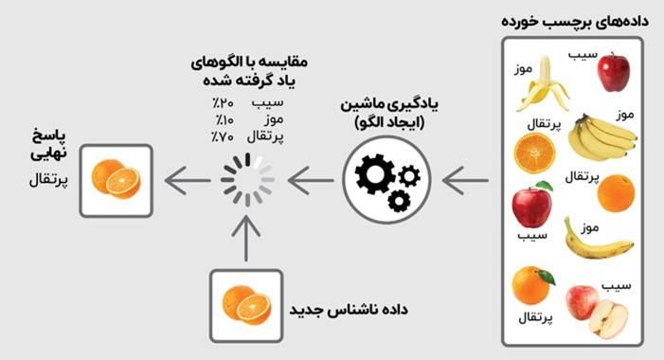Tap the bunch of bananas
click(601, 137)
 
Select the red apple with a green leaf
click(532, 204)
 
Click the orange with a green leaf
click(532, 285)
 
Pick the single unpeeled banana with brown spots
click(596, 241)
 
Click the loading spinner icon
click(247, 180)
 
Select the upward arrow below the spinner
click(246, 239)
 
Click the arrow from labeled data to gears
click(465, 180)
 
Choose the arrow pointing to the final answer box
click(188, 180)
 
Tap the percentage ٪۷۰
click(223, 137)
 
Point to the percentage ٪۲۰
click(223, 103)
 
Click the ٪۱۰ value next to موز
click(224, 120)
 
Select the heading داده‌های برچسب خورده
click(575, 21)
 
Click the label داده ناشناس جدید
click(349, 309)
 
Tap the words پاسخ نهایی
click(48, 145)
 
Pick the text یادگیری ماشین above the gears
click(389, 104)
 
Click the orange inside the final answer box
click(116, 179)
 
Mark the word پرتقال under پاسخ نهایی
click(48, 180)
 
